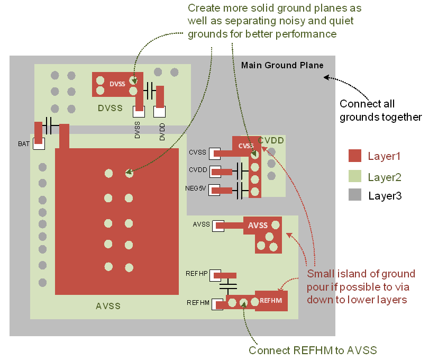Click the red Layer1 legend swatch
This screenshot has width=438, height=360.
click(x=355, y=156)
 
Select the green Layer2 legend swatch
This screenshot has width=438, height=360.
click(x=355, y=176)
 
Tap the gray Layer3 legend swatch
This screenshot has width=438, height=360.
click(x=355, y=195)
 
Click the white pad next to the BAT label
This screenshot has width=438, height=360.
click(x=39, y=143)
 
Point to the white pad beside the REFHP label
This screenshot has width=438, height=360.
click(x=215, y=275)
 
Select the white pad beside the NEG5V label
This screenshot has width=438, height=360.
click(x=215, y=190)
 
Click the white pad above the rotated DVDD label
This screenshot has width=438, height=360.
click(x=159, y=112)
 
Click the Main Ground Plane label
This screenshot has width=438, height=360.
click(x=282, y=66)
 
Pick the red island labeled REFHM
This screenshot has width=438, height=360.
click(x=271, y=301)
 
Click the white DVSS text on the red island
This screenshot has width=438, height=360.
click(x=117, y=84)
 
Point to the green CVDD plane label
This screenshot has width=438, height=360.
click(x=271, y=141)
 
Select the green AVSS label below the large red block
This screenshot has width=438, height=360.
click(x=108, y=306)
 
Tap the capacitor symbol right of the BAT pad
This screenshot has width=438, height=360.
click(x=51, y=125)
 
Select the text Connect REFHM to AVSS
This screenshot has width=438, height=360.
click(x=312, y=350)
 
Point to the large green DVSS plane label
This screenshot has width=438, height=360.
click(x=110, y=109)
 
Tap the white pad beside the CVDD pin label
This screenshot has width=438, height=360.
click(x=215, y=172)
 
